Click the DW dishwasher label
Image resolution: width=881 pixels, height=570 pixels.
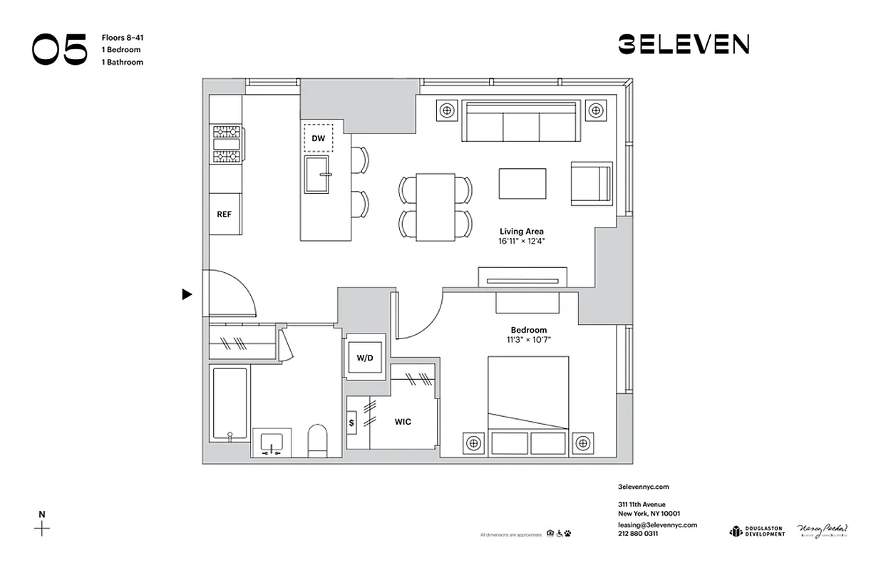tap(318, 139)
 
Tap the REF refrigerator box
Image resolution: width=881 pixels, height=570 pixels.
tap(225, 213)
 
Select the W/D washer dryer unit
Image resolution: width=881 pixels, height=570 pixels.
tap(365, 357)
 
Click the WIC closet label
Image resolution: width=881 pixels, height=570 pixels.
tap(403, 422)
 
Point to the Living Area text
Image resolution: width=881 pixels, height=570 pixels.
tap(521, 232)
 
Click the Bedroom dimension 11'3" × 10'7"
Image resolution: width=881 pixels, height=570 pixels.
tap(528, 340)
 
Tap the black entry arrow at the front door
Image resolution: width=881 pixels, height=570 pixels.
tap(187, 294)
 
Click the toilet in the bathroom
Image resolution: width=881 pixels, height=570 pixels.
tap(317, 441)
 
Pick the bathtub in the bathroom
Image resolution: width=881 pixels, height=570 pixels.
tap(230, 404)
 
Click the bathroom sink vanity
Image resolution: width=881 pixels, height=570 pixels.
tap(271, 443)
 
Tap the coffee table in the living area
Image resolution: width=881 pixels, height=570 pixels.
tap(522, 184)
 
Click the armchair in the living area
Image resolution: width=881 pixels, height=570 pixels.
tap(591, 184)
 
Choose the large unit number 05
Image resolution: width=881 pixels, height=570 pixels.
tap(59, 49)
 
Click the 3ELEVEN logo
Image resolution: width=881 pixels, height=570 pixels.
tap(683, 45)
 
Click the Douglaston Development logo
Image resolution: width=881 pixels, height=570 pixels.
tap(756, 531)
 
